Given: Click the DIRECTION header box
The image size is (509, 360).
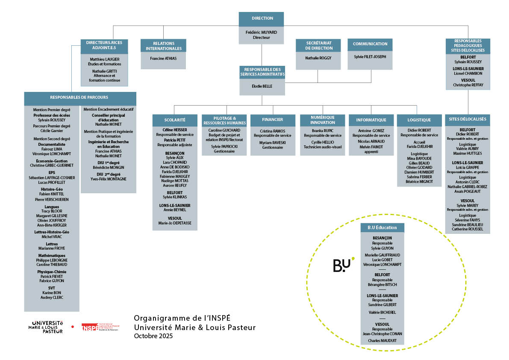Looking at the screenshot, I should [x=262, y=19].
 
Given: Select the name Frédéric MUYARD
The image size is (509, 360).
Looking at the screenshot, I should [x=262, y=32].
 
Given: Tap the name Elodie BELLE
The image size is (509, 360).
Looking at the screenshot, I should [x=262, y=85].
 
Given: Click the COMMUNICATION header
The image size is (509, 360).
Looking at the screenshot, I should [x=370, y=44].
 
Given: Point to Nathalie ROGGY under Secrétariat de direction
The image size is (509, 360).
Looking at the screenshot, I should [x=318, y=58].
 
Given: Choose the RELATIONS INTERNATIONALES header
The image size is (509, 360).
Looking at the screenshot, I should [x=164, y=46].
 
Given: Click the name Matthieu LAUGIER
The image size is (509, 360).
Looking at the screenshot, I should [x=104, y=59].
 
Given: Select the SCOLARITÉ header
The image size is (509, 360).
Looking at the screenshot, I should [x=174, y=120].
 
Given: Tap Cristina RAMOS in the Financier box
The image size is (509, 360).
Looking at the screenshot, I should [x=273, y=130].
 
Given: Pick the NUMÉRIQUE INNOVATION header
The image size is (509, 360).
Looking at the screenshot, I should [x=323, y=120].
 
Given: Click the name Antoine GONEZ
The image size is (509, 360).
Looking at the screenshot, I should [x=371, y=130].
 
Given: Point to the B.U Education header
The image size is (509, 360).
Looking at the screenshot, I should [x=382, y=227].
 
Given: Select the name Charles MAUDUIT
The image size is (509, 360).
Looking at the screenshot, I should [x=382, y=341].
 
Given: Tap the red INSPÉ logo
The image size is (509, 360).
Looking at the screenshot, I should [x=90, y=328].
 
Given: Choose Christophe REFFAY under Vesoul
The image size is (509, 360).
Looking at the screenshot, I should [x=468, y=85].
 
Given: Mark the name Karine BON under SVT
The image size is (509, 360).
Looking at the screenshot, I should [x=52, y=292].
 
